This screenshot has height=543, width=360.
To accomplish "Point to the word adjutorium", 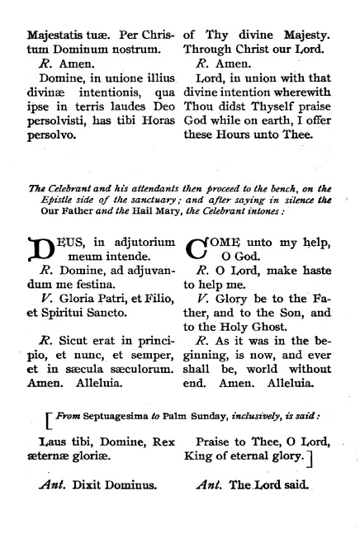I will [140, 243].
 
